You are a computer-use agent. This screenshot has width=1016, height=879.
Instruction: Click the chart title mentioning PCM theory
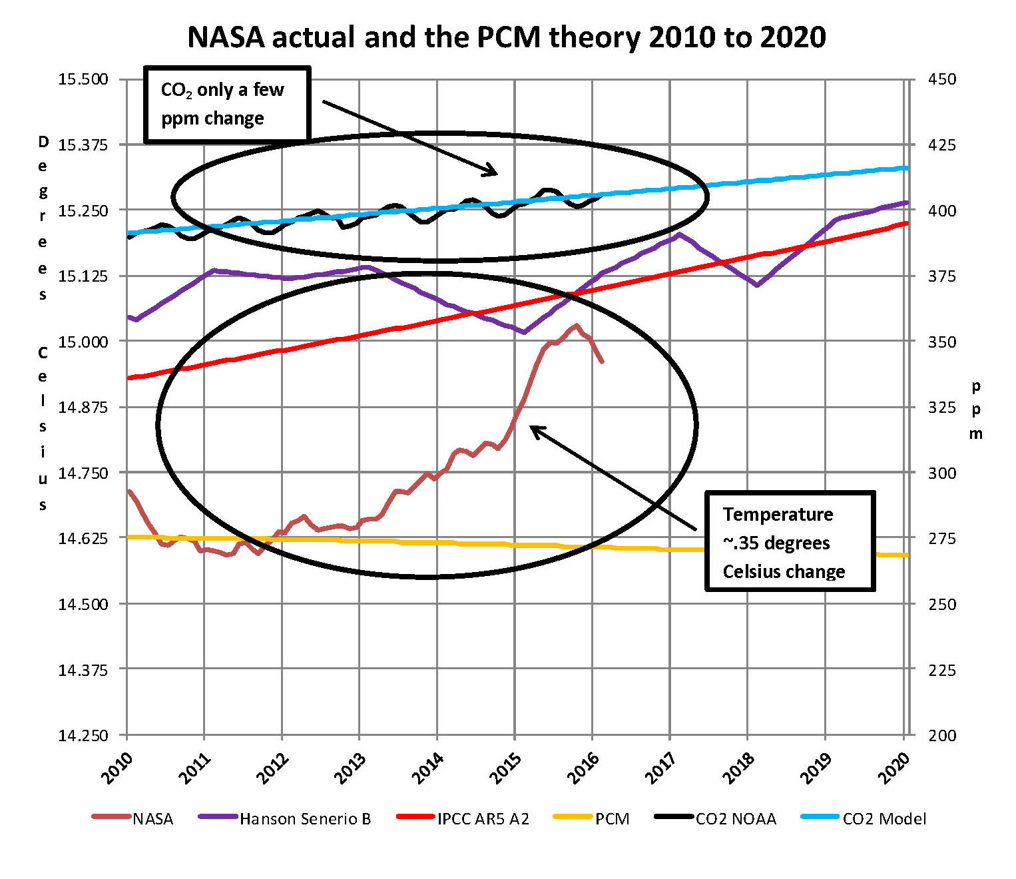(x=507, y=37)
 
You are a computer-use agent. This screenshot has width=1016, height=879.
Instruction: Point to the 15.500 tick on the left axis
(x=83, y=79)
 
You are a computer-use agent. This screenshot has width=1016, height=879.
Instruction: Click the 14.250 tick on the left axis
(x=83, y=735)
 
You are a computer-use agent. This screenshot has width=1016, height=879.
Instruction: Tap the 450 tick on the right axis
(x=941, y=79)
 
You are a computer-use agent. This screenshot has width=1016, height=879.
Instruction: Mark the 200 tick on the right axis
(x=941, y=735)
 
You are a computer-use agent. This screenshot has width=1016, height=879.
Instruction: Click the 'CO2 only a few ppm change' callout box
(x=227, y=105)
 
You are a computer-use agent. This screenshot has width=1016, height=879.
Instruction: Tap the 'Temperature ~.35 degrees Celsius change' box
(x=790, y=542)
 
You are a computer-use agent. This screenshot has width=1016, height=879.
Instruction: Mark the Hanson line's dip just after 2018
(x=757, y=285)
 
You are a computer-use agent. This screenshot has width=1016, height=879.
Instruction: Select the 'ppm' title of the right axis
(x=976, y=410)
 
